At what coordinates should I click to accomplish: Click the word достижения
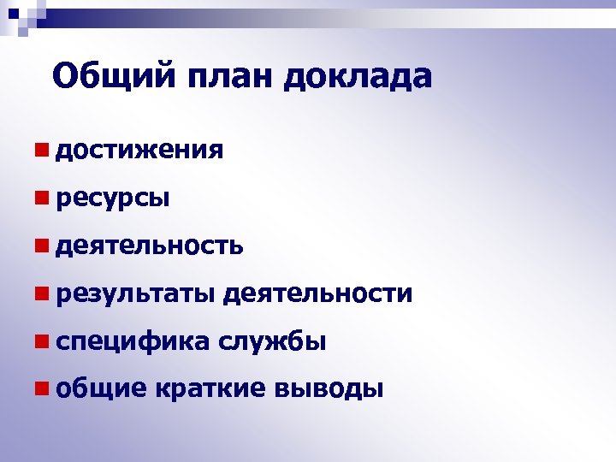139,151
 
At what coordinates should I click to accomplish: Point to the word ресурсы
111,199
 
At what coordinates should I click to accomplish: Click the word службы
272,342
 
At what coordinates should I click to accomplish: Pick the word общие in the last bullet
100,390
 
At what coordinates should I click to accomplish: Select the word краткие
211,390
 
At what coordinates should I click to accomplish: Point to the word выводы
329,390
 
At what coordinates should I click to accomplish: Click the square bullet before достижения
40,151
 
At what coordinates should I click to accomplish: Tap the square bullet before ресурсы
40,198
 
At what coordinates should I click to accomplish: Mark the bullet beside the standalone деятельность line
40,246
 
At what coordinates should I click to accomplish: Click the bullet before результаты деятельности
40,294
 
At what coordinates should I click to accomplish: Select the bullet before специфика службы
40,342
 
